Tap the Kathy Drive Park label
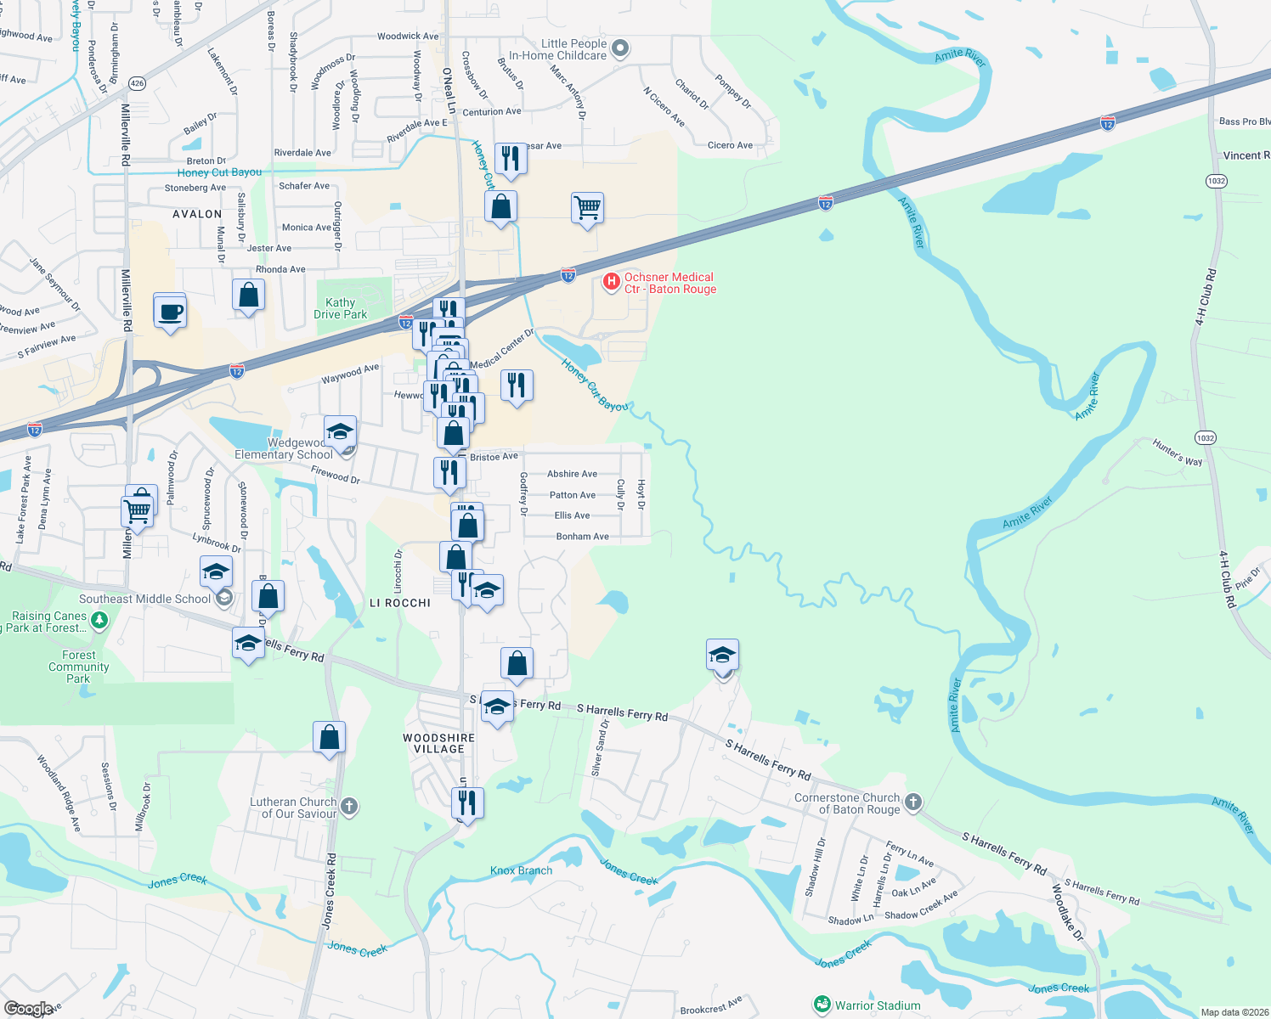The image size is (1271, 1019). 340,308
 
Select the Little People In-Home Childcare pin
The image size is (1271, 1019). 620,49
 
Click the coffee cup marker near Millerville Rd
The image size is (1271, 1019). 170,312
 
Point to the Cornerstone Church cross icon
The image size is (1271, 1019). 912,802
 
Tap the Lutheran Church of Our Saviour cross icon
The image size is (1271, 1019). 349,806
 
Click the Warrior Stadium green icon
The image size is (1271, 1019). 822,1005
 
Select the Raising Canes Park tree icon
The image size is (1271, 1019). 99,621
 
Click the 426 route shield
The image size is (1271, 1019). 138,83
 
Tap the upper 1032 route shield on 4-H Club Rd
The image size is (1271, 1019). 1216,181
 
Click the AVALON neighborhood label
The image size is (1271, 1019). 197,214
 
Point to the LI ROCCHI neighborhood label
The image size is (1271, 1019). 400,603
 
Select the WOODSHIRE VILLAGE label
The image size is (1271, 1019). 438,744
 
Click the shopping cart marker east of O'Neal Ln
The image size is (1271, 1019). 587,207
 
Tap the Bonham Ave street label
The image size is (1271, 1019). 582,537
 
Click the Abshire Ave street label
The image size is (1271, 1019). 572,474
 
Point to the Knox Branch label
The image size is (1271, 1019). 521,870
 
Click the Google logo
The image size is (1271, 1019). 29,1009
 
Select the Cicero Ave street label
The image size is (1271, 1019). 730,145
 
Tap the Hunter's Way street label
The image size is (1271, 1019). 1177,453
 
